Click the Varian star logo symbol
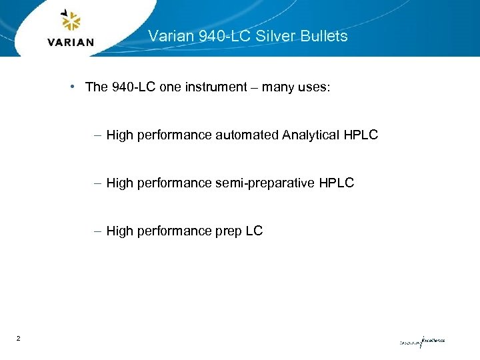pyautogui.click(x=71, y=21)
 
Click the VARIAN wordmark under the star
pyautogui.click(x=71, y=43)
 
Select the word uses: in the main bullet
pyautogui.click(x=314, y=87)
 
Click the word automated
pyautogui.click(x=247, y=135)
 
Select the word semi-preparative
pyautogui.click(x=263, y=183)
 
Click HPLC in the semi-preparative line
pyautogui.click(x=337, y=183)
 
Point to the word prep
pyautogui.click(x=227, y=231)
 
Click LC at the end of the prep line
pyautogui.click(x=254, y=231)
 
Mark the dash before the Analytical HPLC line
pyautogui.click(x=98, y=135)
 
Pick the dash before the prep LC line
pyautogui.click(x=98, y=231)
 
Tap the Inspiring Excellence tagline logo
pyautogui.click(x=422, y=341)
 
